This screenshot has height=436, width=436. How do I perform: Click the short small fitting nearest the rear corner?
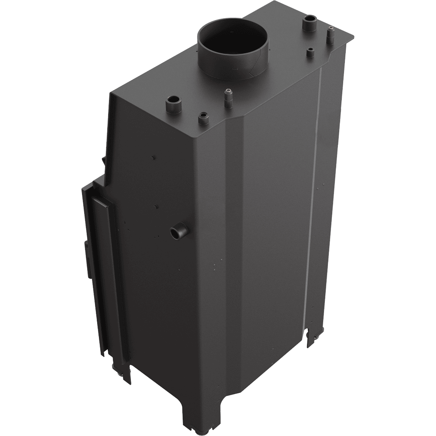310,52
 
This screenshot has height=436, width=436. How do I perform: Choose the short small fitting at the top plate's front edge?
202,118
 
